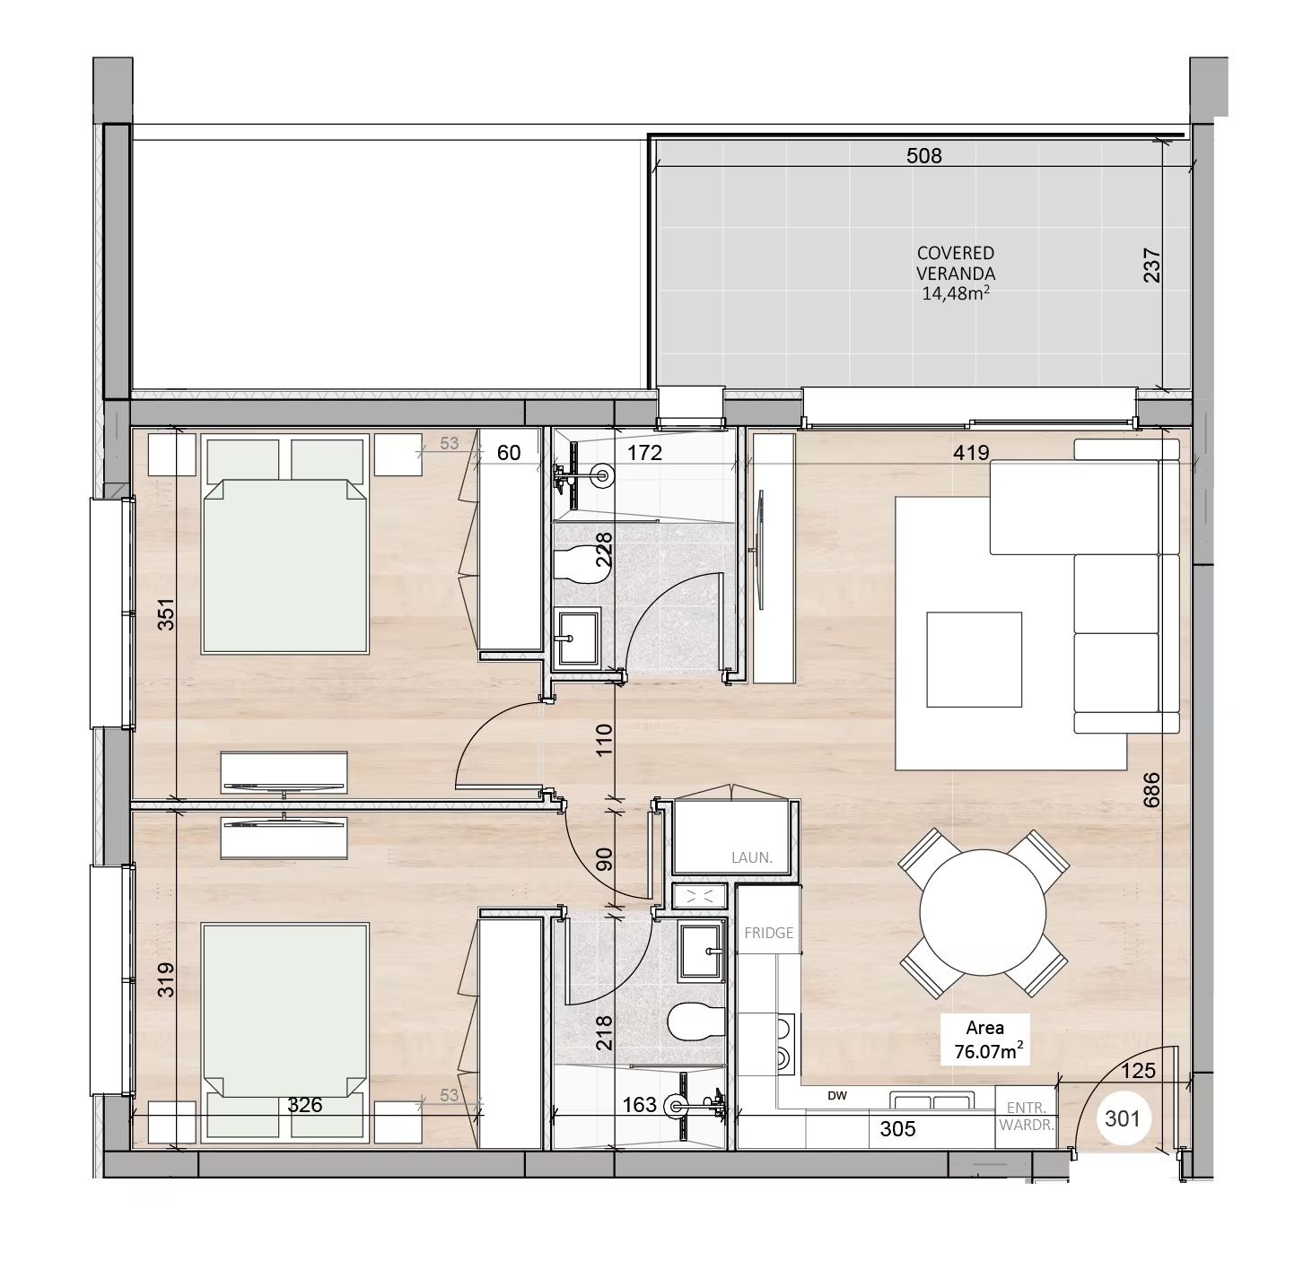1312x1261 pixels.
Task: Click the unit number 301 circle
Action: (x=1122, y=1118)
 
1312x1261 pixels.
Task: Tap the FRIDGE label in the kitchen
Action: (x=768, y=933)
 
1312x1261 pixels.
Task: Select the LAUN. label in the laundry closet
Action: (x=752, y=857)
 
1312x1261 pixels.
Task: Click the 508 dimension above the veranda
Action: (x=923, y=156)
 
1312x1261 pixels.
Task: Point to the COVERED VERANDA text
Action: (x=956, y=263)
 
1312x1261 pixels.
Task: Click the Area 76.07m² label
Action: (x=985, y=1039)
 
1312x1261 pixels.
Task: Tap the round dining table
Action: (x=983, y=912)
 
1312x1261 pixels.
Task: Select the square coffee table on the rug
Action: (x=974, y=659)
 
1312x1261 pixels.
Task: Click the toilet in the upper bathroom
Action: (x=581, y=565)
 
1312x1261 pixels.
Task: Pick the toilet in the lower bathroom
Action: (x=696, y=1022)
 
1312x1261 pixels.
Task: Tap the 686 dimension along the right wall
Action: (x=1151, y=789)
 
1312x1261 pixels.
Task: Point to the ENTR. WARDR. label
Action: (x=1026, y=1116)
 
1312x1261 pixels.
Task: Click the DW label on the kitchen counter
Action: (x=837, y=1096)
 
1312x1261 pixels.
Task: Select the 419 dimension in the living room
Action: (x=971, y=452)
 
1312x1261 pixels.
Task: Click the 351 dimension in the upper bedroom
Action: (x=166, y=614)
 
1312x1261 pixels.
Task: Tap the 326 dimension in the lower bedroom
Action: (x=305, y=1105)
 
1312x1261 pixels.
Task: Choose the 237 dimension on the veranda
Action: (x=1152, y=265)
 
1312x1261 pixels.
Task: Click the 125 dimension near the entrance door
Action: (x=1138, y=1070)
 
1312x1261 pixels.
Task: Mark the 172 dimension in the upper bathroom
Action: (x=644, y=452)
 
